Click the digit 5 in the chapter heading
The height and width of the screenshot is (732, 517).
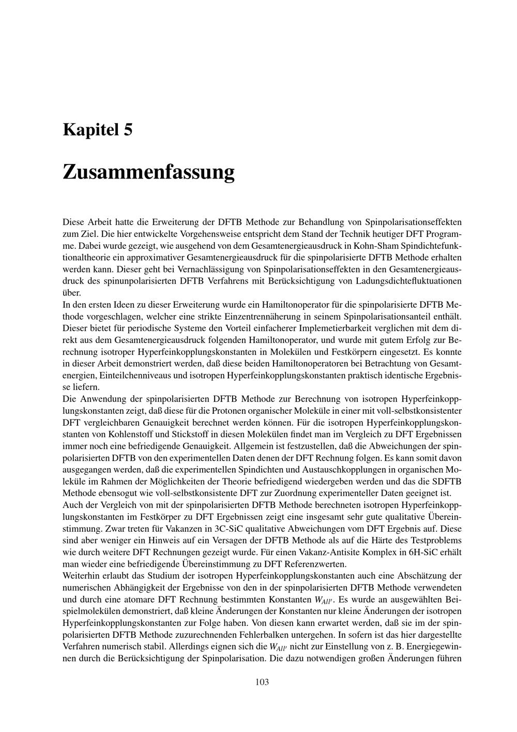(x=128, y=129)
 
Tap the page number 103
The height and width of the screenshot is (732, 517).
(x=262, y=682)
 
